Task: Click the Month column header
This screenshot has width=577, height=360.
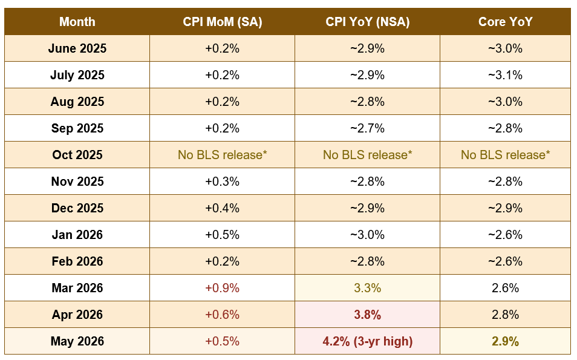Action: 77,22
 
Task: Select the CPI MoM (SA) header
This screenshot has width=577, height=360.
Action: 222,22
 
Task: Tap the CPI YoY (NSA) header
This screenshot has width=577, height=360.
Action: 367,22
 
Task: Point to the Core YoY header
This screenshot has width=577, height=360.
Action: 505,22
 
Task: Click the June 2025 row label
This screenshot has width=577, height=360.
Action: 77,48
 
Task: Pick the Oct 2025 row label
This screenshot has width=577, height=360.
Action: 77,155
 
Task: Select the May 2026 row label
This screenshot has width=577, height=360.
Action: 77,341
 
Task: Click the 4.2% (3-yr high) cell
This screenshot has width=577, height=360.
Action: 367,341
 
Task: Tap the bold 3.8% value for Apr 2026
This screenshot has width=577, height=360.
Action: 367,315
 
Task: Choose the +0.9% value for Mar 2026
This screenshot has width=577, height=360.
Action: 222,288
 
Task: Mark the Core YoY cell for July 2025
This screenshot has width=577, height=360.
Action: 505,75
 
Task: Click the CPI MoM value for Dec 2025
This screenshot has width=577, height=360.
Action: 222,208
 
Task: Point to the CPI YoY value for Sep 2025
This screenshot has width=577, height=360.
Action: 367,128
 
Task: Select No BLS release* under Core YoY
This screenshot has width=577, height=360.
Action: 505,155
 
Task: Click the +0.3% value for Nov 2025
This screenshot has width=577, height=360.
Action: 222,182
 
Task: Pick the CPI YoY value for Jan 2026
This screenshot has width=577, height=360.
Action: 367,235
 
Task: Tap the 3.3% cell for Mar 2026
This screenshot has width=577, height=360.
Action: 367,288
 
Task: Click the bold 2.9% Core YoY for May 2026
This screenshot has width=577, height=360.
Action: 505,341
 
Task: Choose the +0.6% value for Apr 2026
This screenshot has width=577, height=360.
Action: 222,315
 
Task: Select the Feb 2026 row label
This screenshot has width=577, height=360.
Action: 77,261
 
